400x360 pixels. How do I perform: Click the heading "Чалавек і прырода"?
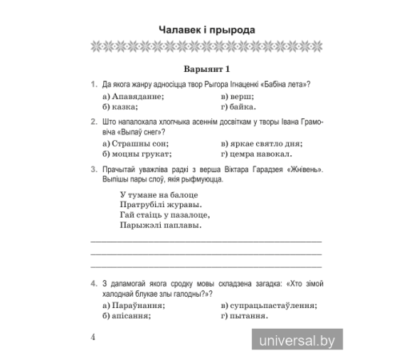[x=206, y=30]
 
